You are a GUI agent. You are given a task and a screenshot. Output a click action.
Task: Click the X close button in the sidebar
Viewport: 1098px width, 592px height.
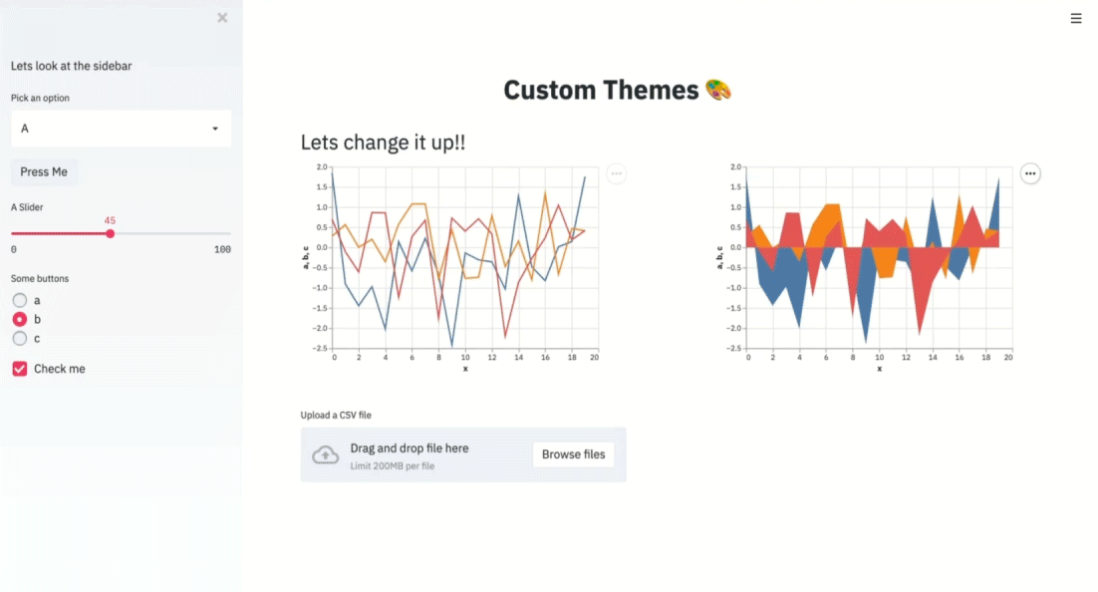click(222, 18)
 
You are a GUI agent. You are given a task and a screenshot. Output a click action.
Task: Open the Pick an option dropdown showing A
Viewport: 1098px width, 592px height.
click(121, 129)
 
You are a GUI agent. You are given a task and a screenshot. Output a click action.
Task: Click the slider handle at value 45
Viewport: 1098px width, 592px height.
click(110, 233)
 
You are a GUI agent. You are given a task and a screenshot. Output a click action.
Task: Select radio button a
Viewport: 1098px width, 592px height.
click(20, 301)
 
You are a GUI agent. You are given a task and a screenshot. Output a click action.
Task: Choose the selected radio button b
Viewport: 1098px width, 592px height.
click(20, 320)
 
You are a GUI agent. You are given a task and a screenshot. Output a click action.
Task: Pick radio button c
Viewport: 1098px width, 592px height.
click(20, 339)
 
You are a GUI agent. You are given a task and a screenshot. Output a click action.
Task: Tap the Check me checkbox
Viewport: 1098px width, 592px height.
click(20, 369)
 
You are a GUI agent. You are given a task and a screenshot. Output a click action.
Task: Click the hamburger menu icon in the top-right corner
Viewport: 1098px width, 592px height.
click(1076, 18)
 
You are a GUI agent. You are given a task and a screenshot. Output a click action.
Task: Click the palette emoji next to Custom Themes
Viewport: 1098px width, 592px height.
click(717, 90)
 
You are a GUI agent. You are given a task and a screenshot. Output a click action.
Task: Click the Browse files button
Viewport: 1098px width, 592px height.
click(574, 454)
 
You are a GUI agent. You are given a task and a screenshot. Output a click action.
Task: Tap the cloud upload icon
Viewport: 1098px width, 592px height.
click(325, 455)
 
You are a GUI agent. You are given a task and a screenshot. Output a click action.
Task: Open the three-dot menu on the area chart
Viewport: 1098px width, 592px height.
click(1030, 173)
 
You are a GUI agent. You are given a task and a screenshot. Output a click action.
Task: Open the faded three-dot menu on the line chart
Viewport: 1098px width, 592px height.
click(616, 173)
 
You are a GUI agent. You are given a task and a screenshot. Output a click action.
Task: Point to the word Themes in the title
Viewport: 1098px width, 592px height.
click(651, 90)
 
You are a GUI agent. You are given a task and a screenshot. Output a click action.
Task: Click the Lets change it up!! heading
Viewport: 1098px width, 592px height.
click(383, 143)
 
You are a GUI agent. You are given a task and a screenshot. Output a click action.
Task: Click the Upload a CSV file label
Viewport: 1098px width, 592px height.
click(336, 415)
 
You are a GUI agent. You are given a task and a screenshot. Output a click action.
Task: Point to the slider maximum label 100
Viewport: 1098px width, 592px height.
click(222, 249)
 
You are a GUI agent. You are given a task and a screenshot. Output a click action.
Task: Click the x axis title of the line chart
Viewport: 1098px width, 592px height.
click(465, 369)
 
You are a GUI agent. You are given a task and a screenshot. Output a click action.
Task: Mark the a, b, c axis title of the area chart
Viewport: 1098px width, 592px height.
click(719, 258)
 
